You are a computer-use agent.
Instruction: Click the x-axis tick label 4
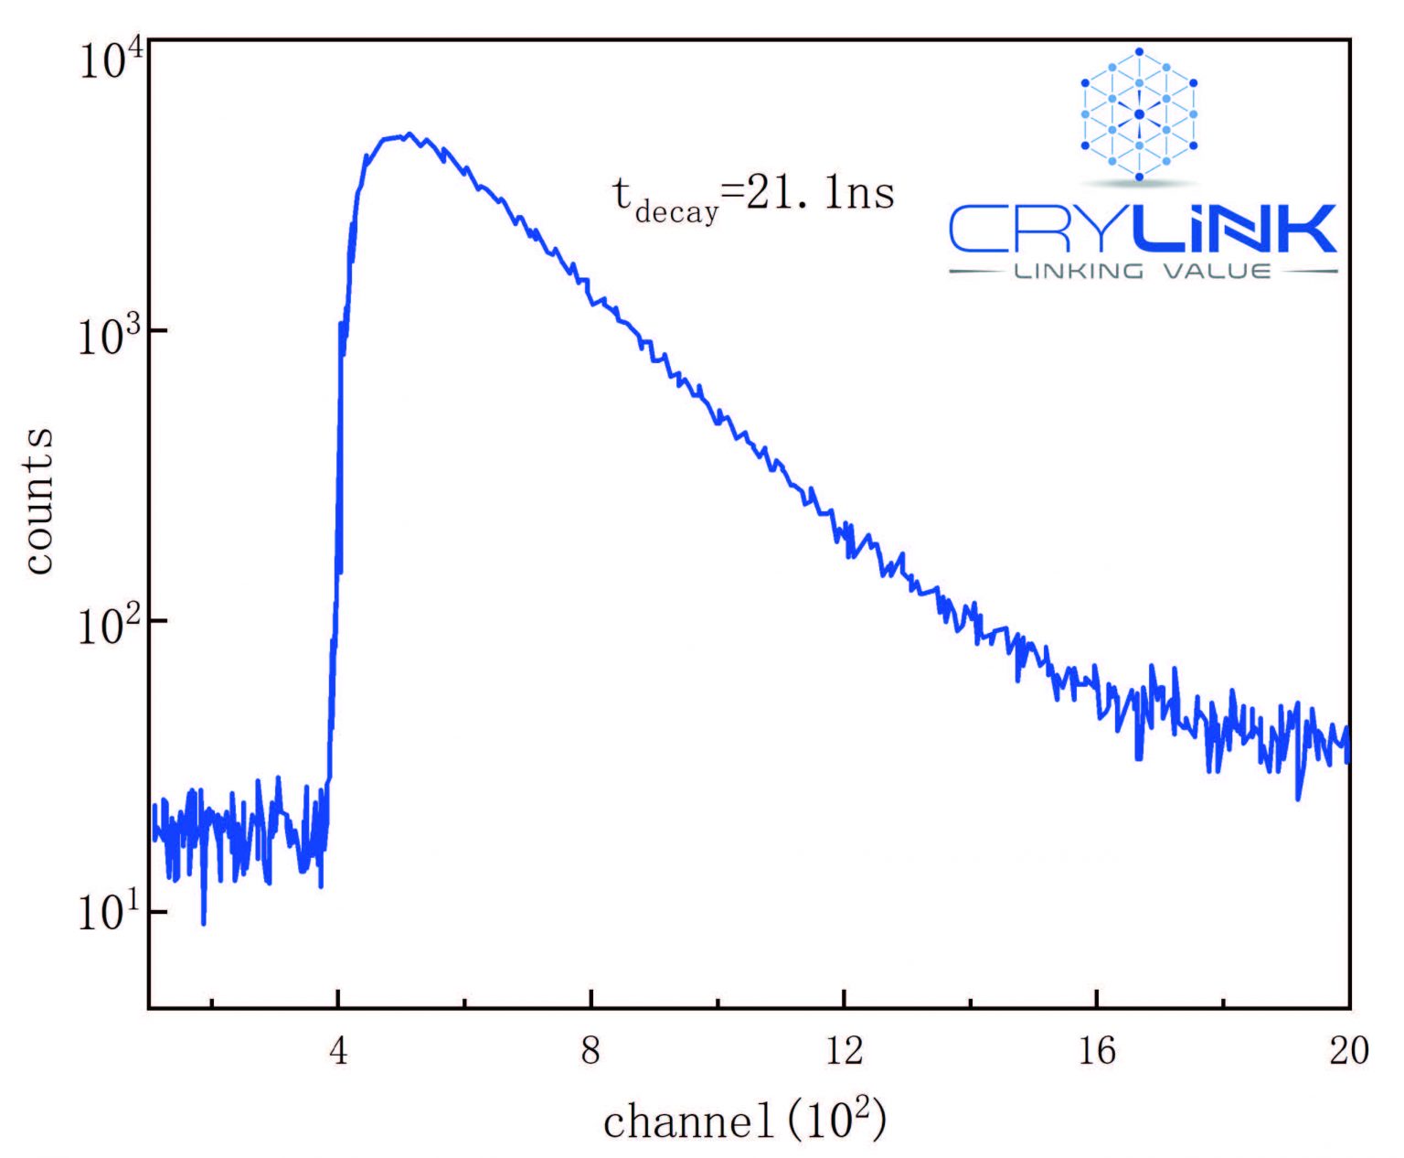(338, 1052)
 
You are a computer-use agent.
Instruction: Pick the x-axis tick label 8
(591, 1052)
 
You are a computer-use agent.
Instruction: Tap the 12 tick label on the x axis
(844, 1052)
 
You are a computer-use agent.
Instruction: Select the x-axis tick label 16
(1097, 1052)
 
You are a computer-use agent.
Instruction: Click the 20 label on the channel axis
(1349, 1052)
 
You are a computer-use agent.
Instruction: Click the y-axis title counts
(39, 501)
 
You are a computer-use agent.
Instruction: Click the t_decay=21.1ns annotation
(753, 196)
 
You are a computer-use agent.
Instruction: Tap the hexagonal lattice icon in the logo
(1139, 113)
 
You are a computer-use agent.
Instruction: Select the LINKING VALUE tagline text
(1143, 272)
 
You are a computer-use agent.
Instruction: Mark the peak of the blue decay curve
(409, 134)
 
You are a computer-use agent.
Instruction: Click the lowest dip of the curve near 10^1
(203, 923)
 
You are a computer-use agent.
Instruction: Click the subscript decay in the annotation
(676, 213)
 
